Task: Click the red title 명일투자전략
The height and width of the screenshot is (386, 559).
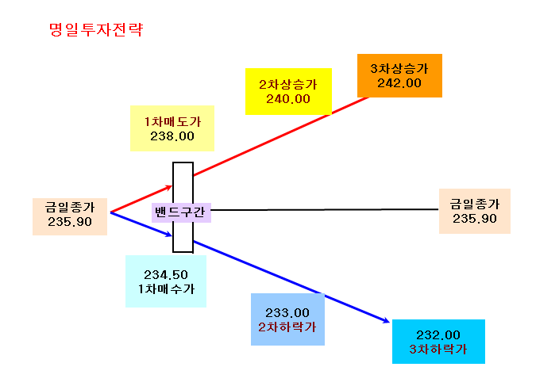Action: click(x=96, y=29)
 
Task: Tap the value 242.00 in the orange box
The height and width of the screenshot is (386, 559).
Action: click(x=399, y=83)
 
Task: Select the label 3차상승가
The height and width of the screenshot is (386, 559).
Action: click(x=399, y=68)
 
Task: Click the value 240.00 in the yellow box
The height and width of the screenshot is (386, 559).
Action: click(x=288, y=99)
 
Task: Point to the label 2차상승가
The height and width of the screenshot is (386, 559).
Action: click(x=288, y=84)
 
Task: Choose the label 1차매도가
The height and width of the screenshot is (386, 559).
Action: click(x=172, y=122)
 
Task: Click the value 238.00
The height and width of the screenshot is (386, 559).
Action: click(x=172, y=136)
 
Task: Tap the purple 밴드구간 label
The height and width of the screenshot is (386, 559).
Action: click(x=181, y=212)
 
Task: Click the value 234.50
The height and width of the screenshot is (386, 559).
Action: click(x=166, y=275)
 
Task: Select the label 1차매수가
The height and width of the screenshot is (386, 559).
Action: click(x=166, y=289)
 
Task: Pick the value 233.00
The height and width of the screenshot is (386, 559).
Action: click(x=287, y=313)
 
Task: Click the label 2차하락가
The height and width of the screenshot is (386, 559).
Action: click(x=287, y=327)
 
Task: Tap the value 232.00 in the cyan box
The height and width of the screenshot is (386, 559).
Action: click(x=438, y=334)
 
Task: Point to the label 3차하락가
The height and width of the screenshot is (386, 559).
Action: click(x=438, y=349)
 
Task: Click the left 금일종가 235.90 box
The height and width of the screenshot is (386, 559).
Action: click(x=70, y=216)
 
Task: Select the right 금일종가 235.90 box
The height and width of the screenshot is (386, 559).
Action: click(x=475, y=211)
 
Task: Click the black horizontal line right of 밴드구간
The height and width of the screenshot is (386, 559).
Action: click(x=325, y=209)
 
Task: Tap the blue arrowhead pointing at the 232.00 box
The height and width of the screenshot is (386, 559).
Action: click(x=387, y=321)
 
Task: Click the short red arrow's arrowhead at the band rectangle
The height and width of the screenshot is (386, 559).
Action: click(x=169, y=187)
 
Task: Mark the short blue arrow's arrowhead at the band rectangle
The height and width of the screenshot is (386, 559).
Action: click(x=169, y=235)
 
